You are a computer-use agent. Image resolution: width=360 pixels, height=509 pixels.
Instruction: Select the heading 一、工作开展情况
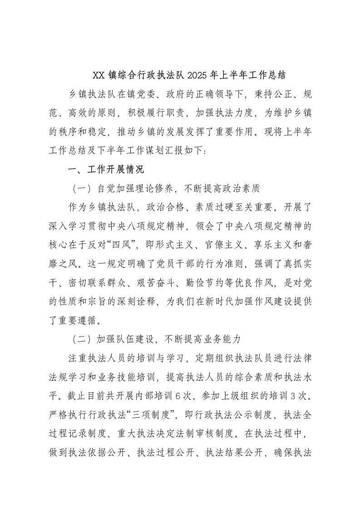105,170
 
